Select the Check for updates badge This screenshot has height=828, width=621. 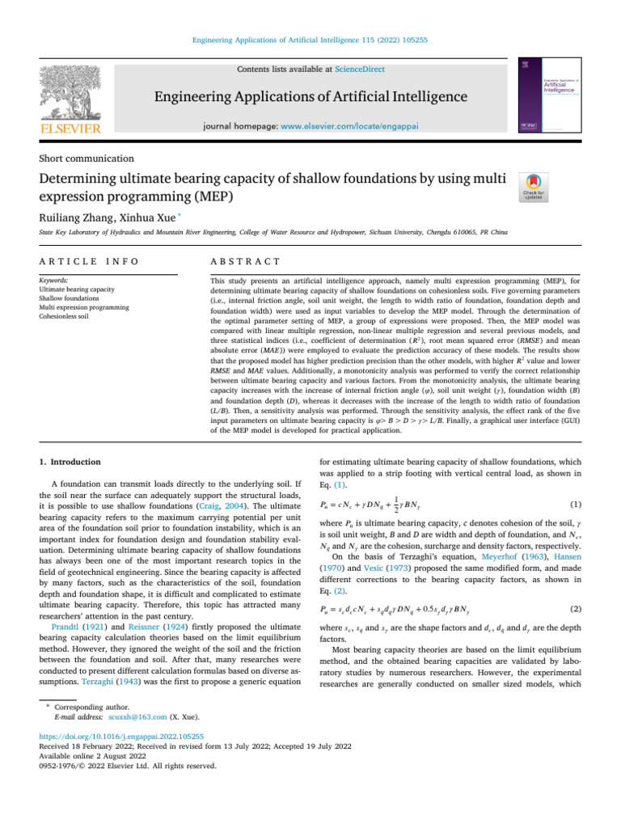click(534, 188)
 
